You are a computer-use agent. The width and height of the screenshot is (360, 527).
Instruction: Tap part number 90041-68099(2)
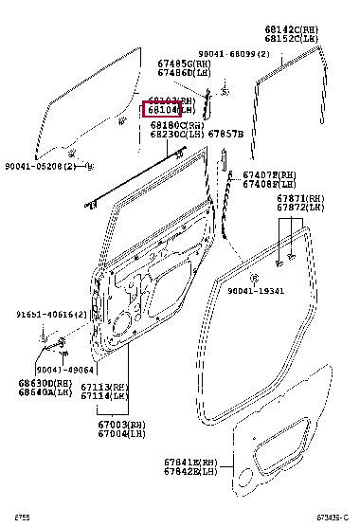click(234, 55)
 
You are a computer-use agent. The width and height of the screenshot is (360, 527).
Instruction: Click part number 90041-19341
click(255, 293)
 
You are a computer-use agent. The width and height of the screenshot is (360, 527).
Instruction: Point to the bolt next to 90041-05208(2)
click(89, 165)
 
